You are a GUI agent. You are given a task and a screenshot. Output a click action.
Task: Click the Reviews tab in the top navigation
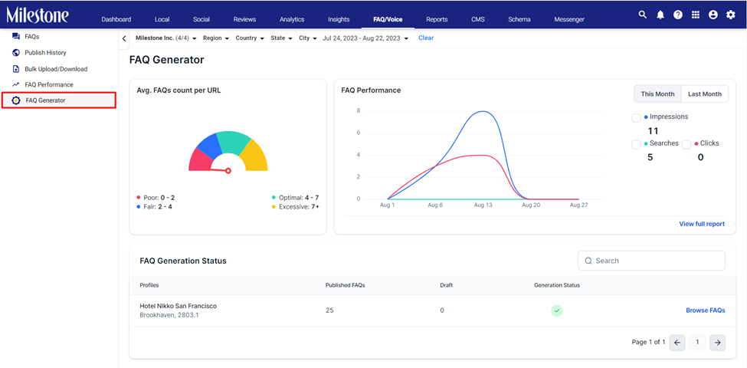[x=244, y=19]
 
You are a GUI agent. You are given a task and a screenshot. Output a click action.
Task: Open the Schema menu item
[x=519, y=19]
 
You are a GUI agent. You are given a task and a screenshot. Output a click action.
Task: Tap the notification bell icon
[x=660, y=15]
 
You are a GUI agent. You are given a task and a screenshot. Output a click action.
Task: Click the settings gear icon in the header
[x=731, y=15]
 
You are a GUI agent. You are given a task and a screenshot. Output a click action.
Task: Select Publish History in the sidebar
[x=45, y=52]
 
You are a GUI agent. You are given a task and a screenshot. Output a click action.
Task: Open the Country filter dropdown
[x=250, y=38]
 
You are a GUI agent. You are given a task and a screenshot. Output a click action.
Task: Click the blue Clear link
[x=426, y=38]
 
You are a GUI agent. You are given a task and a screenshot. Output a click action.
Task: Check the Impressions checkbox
[x=636, y=118]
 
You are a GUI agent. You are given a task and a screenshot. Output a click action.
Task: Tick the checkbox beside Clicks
[x=686, y=144]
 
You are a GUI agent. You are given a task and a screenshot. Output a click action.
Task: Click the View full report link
[x=702, y=224]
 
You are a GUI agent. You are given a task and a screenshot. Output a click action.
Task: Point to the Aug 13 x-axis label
[x=482, y=205]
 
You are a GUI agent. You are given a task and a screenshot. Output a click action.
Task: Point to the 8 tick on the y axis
[x=359, y=110]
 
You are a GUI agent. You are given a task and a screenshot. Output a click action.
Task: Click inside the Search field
[x=651, y=261]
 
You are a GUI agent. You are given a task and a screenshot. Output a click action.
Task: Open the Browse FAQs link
[x=706, y=310]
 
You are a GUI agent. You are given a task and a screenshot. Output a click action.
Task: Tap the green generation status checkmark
[x=557, y=310]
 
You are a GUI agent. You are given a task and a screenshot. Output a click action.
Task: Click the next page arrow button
[x=717, y=342]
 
